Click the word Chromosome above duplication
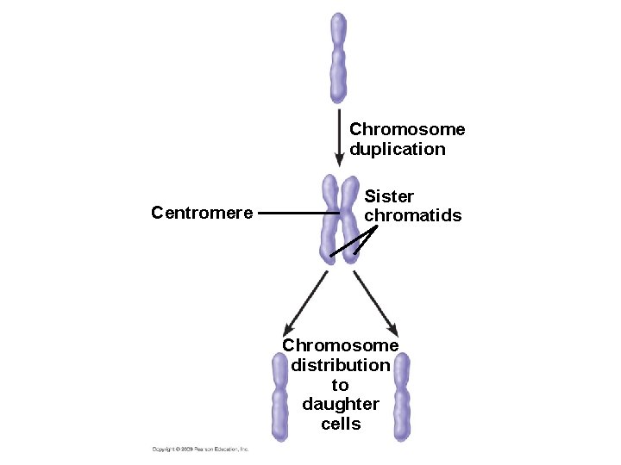(407, 129)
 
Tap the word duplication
(398, 149)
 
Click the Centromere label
(202, 212)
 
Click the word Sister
(389, 196)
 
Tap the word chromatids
(413, 215)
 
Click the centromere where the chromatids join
(341, 213)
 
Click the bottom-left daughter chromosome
(280, 395)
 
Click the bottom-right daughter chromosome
(401, 395)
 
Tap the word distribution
(341, 365)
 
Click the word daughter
(341, 404)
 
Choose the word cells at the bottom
(341, 424)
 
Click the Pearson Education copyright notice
(200, 449)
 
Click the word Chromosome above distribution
(341, 345)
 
